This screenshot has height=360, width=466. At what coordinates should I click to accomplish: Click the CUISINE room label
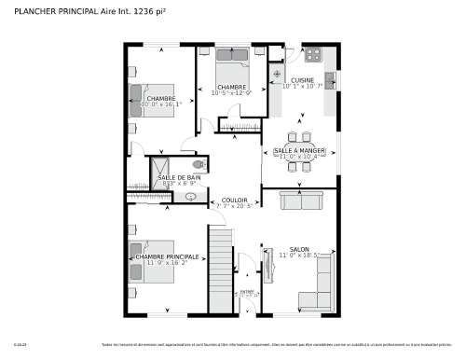click(x=302, y=80)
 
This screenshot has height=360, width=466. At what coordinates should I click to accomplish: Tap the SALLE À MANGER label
click(x=299, y=150)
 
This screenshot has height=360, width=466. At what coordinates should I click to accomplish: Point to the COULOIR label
click(x=234, y=200)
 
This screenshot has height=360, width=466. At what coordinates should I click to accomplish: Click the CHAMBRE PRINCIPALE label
click(x=167, y=256)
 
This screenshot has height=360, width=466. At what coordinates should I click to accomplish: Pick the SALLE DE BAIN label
click(x=179, y=177)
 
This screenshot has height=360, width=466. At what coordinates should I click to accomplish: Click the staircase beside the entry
click(x=220, y=270)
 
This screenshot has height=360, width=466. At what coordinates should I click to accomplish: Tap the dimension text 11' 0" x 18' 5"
click(x=299, y=255)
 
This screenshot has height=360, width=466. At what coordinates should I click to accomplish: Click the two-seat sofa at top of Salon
click(x=301, y=201)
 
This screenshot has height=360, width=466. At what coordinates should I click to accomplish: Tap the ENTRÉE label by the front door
click(x=247, y=291)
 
